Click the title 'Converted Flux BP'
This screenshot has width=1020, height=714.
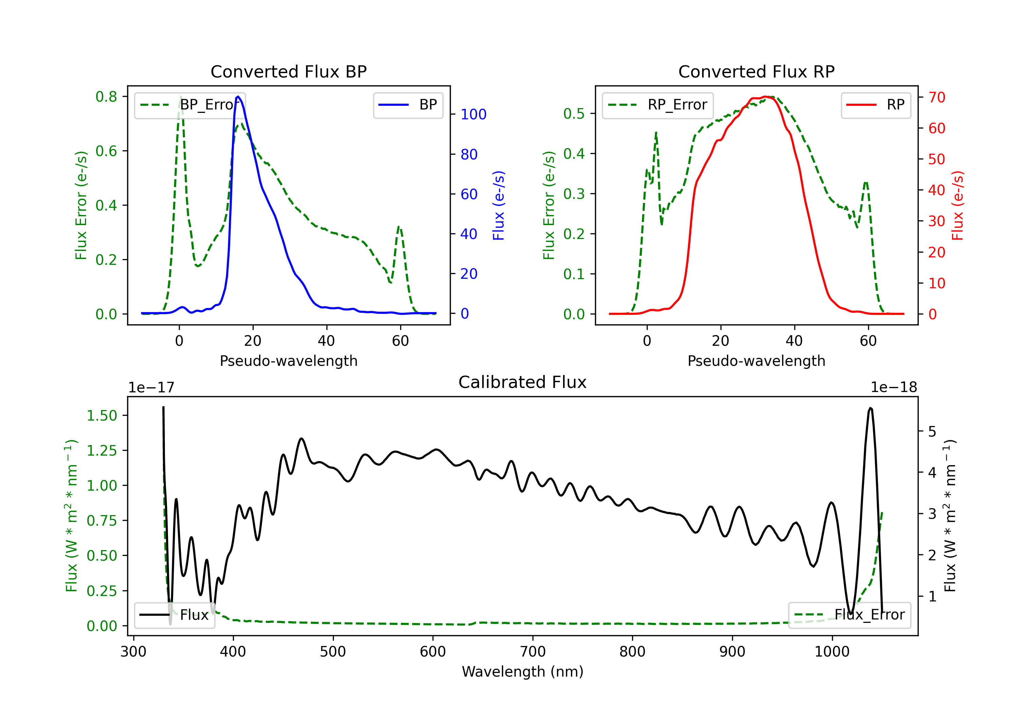coord(288,71)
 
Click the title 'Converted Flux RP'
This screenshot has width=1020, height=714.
coord(756,71)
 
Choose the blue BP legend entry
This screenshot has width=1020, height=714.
coord(408,105)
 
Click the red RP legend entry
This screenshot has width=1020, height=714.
coord(876,105)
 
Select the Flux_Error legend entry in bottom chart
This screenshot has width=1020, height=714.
coord(849,615)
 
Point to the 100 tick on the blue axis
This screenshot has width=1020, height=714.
coord(474,115)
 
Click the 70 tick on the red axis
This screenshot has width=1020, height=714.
coord(937,97)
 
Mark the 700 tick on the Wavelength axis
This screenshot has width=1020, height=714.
coord(532,652)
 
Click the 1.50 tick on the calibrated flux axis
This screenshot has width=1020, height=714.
coord(102,416)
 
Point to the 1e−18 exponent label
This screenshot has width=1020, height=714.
coord(894,388)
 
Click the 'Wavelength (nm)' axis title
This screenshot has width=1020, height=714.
coord(523,672)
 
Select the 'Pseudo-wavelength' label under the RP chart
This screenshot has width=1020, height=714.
coord(756,361)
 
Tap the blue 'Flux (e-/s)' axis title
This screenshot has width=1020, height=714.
coord(498,205)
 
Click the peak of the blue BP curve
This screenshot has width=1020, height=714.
coord(238,97)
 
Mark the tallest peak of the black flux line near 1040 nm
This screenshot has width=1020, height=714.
coord(870,408)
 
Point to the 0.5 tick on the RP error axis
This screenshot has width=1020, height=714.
coord(574,114)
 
